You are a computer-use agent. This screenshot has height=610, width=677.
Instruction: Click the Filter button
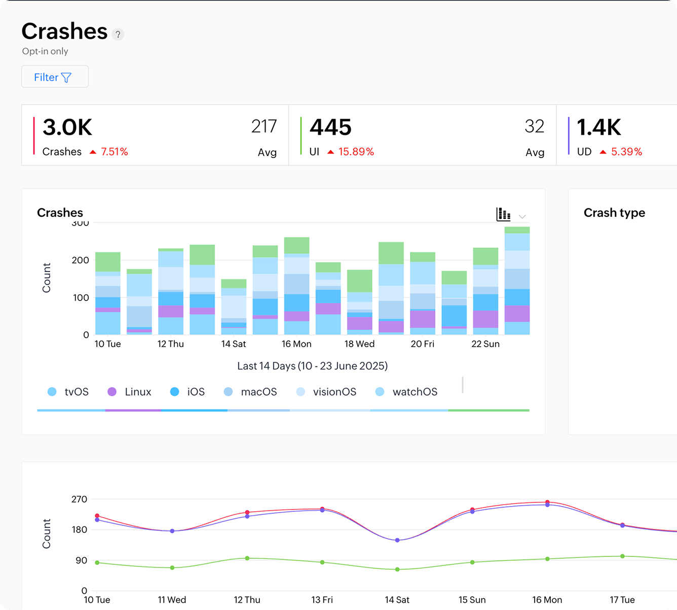(x=55, y=77)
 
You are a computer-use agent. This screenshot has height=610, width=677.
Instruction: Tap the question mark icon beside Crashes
(x=118, y=34)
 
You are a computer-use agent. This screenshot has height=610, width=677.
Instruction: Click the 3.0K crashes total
(x=67, y=127)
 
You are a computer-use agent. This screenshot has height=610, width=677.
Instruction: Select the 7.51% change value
(x=114, y=152)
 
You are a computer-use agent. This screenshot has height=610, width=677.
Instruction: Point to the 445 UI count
(x=330, y=127)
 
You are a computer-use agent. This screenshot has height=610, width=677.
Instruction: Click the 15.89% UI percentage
(x=356, y=152)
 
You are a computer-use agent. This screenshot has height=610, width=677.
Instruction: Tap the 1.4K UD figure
(x=598, y=127)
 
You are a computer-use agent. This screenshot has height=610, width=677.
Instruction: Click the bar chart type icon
(x=503, y=214)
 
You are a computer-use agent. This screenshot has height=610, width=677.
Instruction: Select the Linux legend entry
(x=130, y=392)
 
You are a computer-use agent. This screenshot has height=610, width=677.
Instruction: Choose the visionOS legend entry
(x=326, y=392)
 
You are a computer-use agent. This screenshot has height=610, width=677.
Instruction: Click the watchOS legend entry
(x=406, y=392)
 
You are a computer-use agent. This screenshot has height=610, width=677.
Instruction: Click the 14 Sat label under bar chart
(x=233, y=344)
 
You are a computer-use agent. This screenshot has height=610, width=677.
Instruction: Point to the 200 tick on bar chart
(x=80, y=260)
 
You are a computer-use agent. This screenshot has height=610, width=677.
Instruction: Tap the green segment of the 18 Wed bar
(x=360, y=281)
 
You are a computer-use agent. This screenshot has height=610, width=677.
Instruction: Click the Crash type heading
(x=614, y=213)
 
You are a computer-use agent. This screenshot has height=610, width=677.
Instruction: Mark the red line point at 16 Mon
(x=547, y=502)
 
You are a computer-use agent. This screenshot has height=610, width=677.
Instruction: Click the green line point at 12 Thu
(x=247, y=558)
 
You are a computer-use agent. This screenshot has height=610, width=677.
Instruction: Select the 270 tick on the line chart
(x=79, y=500)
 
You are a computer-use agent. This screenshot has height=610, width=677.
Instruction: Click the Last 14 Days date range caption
(x=312, y=366)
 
